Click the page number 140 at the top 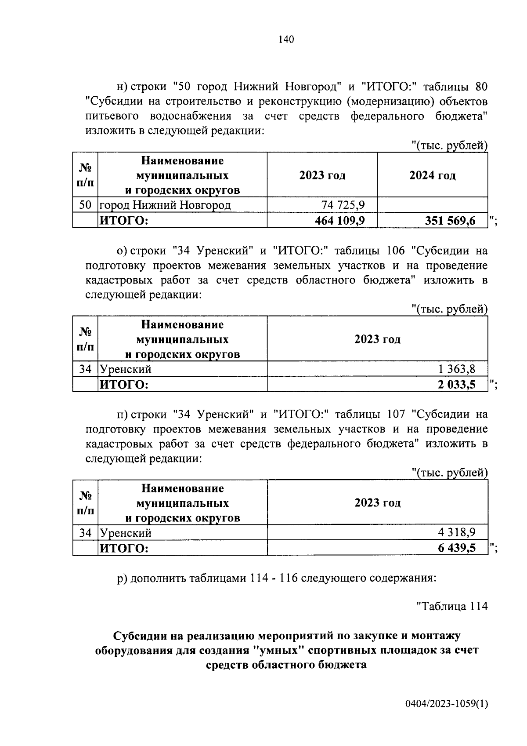pos(286,40)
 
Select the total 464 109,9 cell pos(339,220)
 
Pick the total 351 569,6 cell pos(450,220)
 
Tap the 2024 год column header pos(432,175)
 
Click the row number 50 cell pos(85,205)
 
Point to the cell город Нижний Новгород pos(165,205)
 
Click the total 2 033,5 pos(456,385)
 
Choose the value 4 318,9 pos(456,533)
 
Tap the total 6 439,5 pos(456,548)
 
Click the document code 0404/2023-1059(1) pos(446,704)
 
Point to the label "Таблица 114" pos(451,606)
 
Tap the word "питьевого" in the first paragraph pos(112,116)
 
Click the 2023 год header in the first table pos(322,175)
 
